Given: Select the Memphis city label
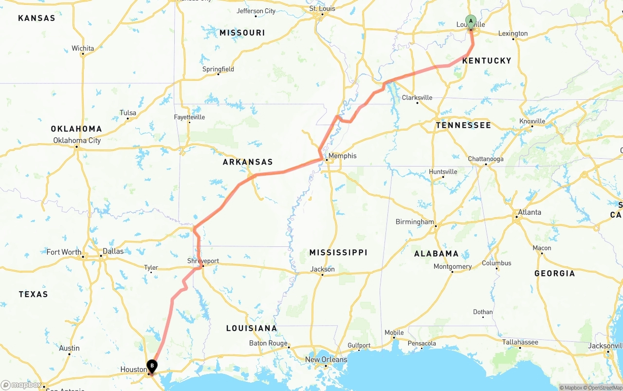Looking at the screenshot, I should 342,156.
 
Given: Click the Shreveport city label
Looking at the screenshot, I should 203,261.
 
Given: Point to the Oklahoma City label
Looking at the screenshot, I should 77,140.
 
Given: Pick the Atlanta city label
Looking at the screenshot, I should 529,212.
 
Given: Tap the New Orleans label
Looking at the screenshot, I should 326,360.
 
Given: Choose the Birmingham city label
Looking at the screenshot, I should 415,222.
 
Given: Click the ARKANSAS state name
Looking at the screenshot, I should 248,162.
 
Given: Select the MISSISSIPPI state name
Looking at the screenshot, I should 338,252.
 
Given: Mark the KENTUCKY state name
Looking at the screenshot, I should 487,60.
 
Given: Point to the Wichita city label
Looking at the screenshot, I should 83,48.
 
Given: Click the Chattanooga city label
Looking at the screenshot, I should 486,159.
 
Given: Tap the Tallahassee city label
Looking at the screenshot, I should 520,342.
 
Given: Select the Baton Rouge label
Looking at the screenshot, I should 268,343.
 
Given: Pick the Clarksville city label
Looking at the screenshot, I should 417,97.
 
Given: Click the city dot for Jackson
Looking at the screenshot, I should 322,275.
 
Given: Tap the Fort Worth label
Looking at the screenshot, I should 64,252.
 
